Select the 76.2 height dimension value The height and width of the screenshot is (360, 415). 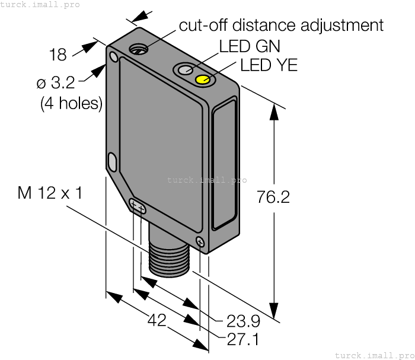coord(273,197)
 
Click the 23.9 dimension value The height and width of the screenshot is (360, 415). coord(243,321)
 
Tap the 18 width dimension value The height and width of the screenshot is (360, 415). coord(58,55)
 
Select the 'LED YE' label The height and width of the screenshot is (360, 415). coord(269,65)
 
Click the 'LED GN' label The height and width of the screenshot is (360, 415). coord(250,46)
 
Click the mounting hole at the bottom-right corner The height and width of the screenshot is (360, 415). coord(200,241)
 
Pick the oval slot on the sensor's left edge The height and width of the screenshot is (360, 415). coord(112,161)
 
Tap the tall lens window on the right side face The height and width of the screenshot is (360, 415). coord(224,167)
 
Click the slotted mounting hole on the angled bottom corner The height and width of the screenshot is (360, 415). coord(138,207)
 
